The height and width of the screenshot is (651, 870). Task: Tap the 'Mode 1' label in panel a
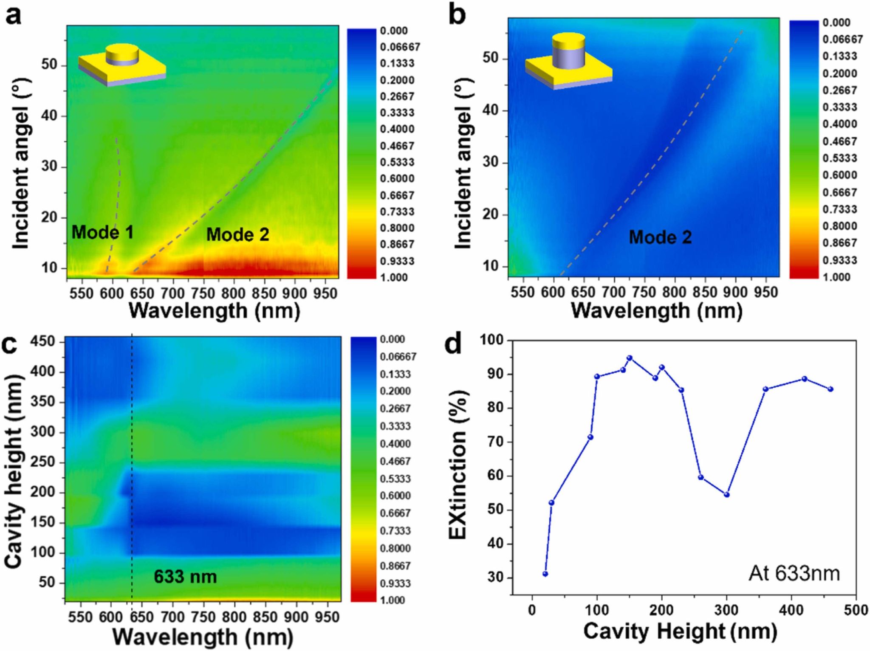click(102, 232)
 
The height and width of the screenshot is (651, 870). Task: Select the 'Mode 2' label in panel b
click(660, 237)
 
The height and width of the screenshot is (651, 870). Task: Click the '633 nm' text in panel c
click(185, 577)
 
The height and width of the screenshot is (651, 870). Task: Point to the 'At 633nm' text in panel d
click(794, 574)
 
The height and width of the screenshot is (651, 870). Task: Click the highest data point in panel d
click(630, 358)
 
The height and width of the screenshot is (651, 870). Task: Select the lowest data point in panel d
click(545, 574)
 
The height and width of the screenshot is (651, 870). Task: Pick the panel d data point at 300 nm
click(726, 495)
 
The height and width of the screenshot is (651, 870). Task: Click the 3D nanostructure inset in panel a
click(122, 65)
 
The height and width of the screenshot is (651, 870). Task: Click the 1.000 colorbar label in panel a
click(394, 277)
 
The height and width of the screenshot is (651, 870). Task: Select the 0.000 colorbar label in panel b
click(836, 23)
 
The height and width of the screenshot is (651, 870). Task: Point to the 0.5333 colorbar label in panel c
click(395, 479)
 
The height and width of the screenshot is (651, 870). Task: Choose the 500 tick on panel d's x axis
click(856, 610)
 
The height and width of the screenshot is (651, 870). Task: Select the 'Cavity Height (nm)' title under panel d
click(680, 631)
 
